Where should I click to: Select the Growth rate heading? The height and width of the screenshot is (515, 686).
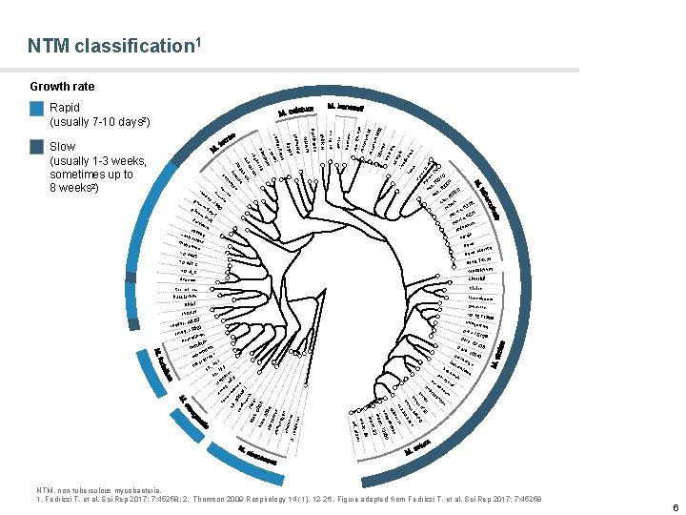(x=63, y=87)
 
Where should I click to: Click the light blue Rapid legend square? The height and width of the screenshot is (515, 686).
(x=37, y=110)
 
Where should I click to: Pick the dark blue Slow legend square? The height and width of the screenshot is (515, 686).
(x=37, y=148)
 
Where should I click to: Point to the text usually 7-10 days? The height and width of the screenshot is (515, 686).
(x=99, y=123)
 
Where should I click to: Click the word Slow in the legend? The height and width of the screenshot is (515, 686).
(x=63, y=147)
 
